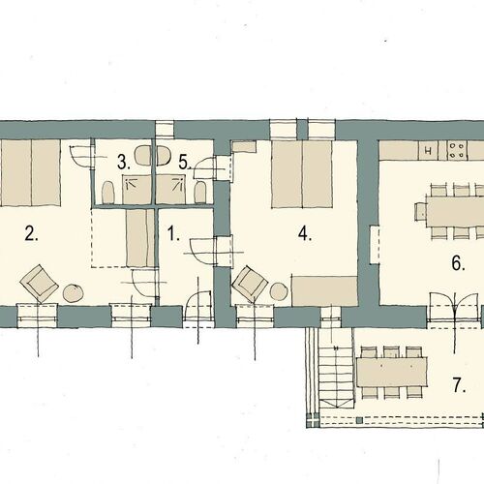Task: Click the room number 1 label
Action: [173, 233]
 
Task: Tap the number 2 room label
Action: [31, 233]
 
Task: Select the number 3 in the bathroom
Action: [124, 162]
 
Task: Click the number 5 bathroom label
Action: [185, 162]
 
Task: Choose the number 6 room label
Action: [458, 263]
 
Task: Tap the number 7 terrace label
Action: [460, 385]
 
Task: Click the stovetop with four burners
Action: [457, 150]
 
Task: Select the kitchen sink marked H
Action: [429, 150]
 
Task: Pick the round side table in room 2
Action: [74, 293]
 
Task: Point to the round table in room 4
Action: [279, 291]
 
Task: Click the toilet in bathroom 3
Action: [108, 193]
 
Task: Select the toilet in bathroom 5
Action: [200, 192]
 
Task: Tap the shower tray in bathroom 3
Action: [136, 190]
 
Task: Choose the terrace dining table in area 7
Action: [392, 372]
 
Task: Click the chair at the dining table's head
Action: [420, 212]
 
